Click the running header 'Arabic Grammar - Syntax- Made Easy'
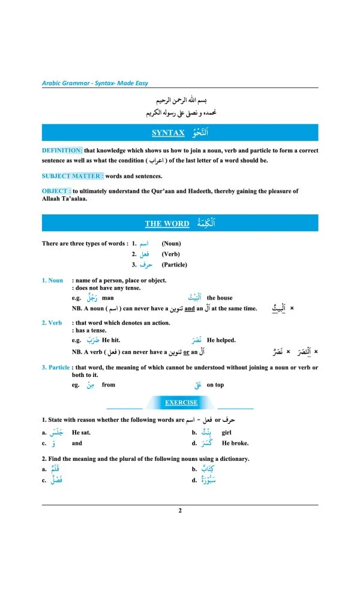(95, 83)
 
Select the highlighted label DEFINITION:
(62, 151)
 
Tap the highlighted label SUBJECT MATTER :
(73, 176)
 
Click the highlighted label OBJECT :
(56, 191)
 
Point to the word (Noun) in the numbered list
(171, 244)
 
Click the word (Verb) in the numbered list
(171, 254)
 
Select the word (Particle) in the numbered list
(174, 265)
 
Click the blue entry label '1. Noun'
(52, 280)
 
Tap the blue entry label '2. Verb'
(52, 323)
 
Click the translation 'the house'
(220, 298)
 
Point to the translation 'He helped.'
(221, 340)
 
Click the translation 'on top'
(215, 385)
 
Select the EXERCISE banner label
(181, 403)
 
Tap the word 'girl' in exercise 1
(227, 432)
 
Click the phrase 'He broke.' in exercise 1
(235, 444)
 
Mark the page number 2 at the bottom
(179, 511)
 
